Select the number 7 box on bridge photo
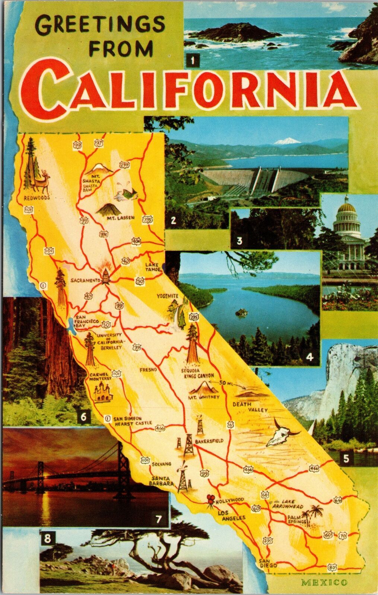click(159, 519)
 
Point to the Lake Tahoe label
click(153, 267)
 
